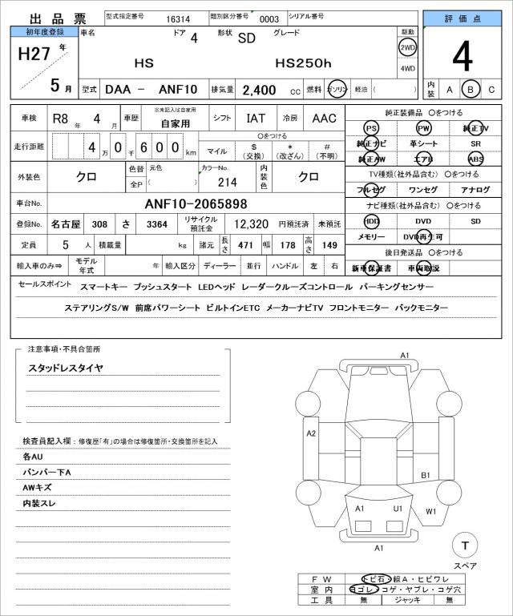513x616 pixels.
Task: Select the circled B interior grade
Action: (x=471, y=90)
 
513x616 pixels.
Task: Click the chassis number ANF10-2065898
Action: (x=196, y=203)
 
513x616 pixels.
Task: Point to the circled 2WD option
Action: (x=407, y=47)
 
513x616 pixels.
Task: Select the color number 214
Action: (x=216, y=182)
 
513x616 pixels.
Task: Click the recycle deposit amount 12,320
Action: (x=251, y=225)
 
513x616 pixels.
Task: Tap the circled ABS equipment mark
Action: (x=475, y=159)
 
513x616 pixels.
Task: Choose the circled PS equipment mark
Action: (x=370, y=128)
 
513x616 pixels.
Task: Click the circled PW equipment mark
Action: (x=423, y=128)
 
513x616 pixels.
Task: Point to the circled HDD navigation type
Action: (x=371, y=220)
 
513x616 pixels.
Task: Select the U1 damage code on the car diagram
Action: (x=397, y=509)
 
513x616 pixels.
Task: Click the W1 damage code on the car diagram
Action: (x=431, y=510)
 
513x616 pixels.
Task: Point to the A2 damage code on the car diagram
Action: (x=312, y=433)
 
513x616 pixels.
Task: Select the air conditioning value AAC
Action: (x=324, y=118)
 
